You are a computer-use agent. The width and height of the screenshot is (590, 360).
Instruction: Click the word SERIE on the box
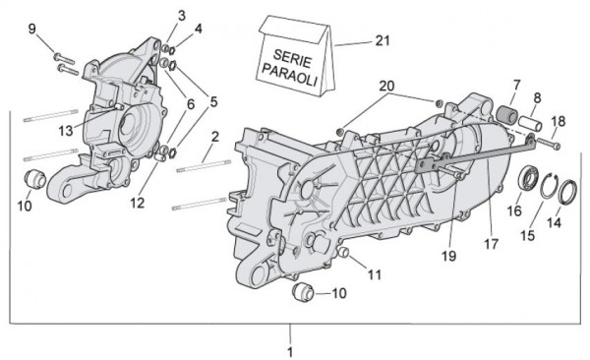283,57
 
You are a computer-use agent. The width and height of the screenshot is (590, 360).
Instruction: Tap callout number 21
383,40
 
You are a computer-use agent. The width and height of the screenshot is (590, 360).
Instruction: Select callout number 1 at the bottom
290,350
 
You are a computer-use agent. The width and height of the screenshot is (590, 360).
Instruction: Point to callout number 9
31,29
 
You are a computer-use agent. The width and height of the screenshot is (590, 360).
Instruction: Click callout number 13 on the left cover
64,129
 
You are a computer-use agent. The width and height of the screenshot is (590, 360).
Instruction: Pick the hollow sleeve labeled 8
535,128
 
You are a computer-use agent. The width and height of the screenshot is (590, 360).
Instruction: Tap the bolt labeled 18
551,147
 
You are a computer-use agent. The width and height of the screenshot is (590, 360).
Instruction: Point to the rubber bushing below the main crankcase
303,293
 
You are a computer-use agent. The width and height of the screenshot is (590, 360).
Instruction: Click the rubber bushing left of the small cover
33,180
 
